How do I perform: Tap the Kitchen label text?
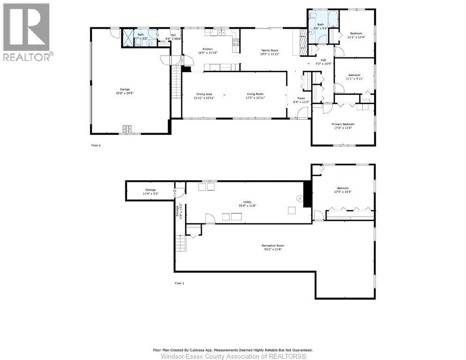(x=208, y=49)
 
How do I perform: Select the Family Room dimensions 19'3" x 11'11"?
(x=270, y=54)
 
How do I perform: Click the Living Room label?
(x=256, y=94)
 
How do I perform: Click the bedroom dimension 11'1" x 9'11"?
(x=354, y=79)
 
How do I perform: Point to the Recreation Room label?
(x=273, y=246)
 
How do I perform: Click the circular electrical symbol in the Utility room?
(x=300, y=198)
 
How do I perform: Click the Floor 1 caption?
(x=180, y=283)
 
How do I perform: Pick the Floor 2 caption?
(x=96, y=145)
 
